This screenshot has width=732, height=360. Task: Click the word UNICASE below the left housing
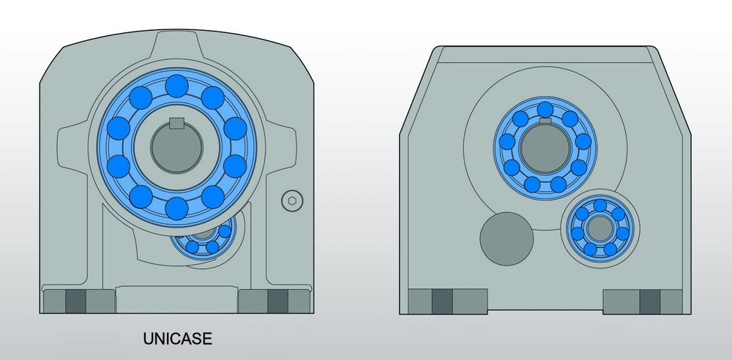tap(177, 339)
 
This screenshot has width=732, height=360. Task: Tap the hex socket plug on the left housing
tap(292, 201)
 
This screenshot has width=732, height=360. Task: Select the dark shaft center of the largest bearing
tap(176, 148)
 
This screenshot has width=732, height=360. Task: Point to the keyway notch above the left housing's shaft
tap(176, 123)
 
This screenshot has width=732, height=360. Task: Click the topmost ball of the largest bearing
tap(176, 86)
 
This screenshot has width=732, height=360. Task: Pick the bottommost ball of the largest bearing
tap(176, 209)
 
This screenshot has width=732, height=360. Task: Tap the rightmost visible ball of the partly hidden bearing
tap(225, 231)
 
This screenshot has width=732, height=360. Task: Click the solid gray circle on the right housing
tap(507, 239)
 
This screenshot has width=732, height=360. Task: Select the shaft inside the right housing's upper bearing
tap(545, 148)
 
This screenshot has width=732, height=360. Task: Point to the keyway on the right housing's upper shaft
tap(545, 121)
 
